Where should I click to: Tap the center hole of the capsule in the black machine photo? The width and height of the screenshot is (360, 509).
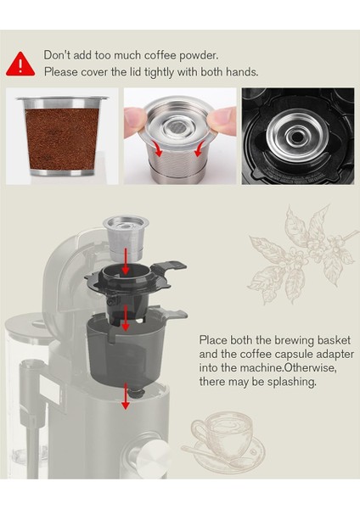pos(298,136)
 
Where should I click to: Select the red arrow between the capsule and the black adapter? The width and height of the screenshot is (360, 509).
pos(125,266)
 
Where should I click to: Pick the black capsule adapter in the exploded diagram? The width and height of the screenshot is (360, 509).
pos(127,284)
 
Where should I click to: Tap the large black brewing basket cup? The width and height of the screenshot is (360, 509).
pos(127,356)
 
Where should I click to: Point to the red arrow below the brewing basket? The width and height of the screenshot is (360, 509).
pos(126,398)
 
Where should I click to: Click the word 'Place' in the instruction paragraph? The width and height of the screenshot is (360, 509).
pos(213,337)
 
